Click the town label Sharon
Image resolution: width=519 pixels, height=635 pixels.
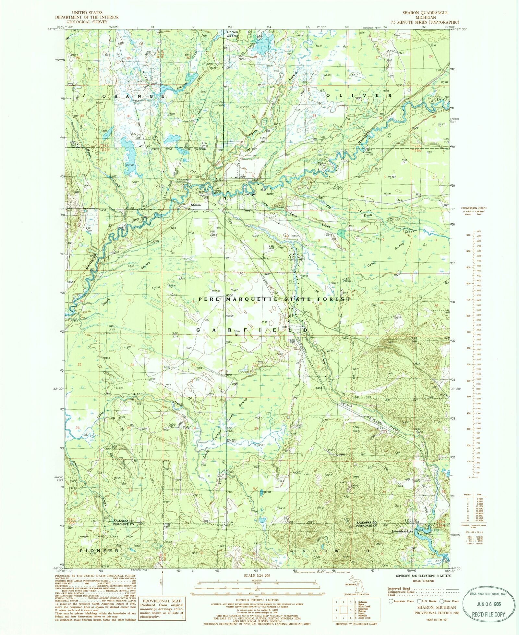(196, 205)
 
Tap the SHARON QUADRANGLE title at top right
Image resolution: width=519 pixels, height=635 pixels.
(425, 13)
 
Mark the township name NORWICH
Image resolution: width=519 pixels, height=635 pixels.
(336, 551)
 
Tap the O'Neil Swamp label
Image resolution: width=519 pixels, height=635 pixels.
(233, 34)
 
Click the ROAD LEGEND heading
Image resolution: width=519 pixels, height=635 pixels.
(423, 581)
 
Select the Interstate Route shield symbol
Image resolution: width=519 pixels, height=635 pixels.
(391, 601)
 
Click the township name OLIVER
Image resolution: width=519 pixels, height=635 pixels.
(358, 95)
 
